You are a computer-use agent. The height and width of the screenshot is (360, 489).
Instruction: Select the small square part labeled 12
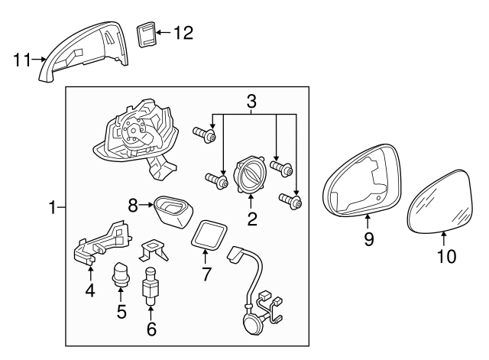tap(147, 34)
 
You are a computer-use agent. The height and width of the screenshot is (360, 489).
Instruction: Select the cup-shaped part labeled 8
tap(174, 210)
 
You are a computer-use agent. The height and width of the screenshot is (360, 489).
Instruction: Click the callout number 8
tap(133, 204)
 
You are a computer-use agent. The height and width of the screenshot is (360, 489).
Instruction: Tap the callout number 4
tap(90, 290)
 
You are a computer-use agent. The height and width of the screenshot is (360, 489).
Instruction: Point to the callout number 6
tap(151, 329)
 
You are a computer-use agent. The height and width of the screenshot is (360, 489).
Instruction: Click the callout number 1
tap(53, 207)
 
